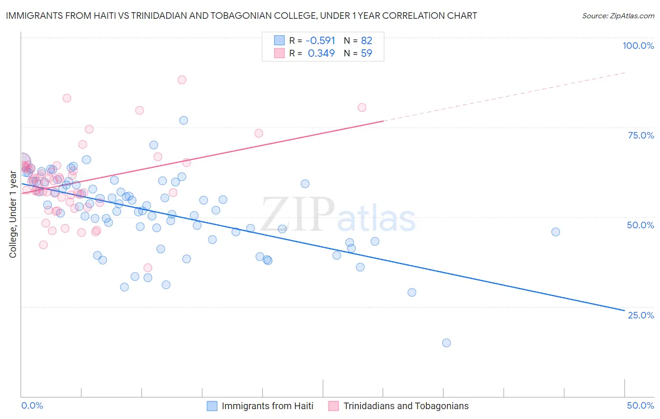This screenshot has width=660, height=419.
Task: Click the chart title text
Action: [241, 16]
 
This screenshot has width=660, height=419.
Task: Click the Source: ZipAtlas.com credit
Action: [618, 16]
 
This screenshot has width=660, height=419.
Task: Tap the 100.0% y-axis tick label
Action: [638, 46]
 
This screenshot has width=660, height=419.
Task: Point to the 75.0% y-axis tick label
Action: [641, 135]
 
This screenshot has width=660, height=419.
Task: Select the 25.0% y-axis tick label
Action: [641, 315]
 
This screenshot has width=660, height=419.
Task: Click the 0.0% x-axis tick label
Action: [32, 405]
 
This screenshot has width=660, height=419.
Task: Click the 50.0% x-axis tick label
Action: [640, 405]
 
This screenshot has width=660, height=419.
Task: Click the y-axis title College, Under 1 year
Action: [13, 214]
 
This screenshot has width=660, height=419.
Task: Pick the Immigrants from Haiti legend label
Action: [267, 406]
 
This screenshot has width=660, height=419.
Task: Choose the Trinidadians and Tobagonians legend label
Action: [406, 406]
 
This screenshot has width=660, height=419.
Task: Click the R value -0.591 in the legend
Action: [321, 40]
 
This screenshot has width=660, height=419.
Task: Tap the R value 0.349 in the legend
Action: [321, 53]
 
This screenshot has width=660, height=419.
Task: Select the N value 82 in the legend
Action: [367, 40]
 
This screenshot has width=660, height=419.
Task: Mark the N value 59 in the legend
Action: [367, 53]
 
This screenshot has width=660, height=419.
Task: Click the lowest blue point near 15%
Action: [446, 343]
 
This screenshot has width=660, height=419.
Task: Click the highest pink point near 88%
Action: [182, 80]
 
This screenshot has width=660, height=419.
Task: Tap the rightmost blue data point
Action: [555, 232]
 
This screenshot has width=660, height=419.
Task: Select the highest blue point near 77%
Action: [184, 120]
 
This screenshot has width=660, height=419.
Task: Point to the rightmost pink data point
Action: [362, 108]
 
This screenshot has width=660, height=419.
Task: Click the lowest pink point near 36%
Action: [148, 268]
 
